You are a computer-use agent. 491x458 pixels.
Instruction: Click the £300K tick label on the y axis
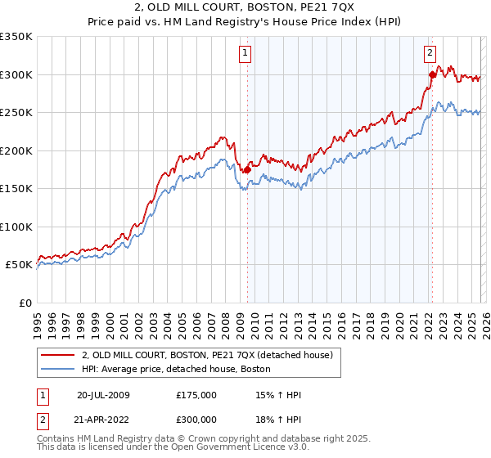point(16,74)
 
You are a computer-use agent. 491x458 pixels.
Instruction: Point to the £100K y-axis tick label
point(16,227)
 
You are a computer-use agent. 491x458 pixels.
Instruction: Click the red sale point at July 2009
point(247,170)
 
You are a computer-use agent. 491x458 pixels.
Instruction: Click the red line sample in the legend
point(59,356)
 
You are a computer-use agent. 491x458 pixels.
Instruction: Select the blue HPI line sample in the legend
point(59,370)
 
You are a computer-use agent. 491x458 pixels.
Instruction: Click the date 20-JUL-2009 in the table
point(103,395)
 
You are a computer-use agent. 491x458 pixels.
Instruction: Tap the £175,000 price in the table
point(196,395)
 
